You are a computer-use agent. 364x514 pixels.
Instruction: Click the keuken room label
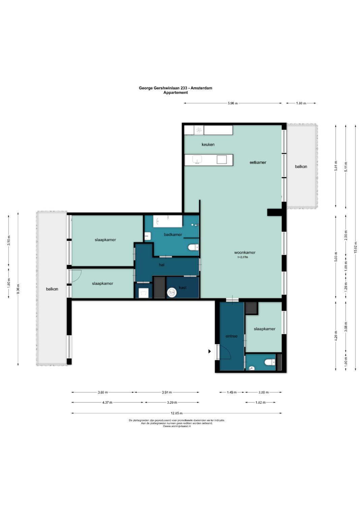click(x=208, y=144)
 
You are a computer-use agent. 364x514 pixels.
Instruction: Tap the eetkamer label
click(x=258, y=163)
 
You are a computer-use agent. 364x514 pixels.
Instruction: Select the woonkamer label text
click(x=245, y=252)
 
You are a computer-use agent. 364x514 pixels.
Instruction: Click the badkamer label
click(x=173, y=235)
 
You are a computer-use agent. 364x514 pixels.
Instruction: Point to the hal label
click(x=161, y=265)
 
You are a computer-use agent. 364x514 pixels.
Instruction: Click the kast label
click(x=183, y=287)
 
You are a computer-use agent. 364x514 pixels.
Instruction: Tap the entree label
click(x=232, y=336)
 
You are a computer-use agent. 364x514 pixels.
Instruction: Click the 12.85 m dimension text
click(x=177, y=413)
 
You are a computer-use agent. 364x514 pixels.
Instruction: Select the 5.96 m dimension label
click(x=233, y=103)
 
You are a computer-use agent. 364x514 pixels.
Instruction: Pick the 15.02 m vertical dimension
click(x=356, y=248)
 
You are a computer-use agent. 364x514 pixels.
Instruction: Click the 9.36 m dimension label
click(x=18, y=289)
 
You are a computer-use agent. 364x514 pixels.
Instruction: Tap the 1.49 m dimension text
click(x=232, y=392)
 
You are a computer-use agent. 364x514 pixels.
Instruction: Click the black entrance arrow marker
click(x=210, y=351)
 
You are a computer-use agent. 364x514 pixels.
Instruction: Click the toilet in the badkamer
click(x=193, y=247)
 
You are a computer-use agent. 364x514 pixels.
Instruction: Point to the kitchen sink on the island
click(x=197, y=159)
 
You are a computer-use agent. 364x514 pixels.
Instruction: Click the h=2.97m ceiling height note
click(x=243, y=257)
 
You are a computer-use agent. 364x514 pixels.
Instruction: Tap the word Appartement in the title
click(x=176, y=93)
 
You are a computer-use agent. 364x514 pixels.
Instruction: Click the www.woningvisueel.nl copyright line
click(x=177, y=426)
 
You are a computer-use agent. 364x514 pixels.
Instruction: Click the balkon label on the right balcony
click(x=301, y=167)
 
